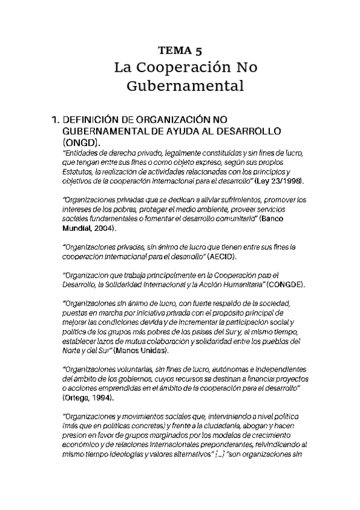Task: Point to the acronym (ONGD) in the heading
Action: click(81, 143)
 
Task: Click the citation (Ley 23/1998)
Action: click(282, 181)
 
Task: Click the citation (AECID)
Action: click(222, 257)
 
